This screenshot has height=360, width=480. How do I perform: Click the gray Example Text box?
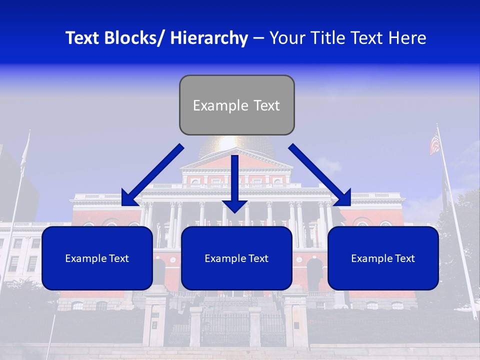[x=236, y=105]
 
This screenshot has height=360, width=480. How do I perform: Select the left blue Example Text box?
[x=97, y=258]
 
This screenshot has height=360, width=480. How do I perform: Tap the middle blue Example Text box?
[x=236, y=258]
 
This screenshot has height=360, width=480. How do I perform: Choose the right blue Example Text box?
[x=383, y=258]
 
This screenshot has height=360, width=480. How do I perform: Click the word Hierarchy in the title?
[x=209, y=38]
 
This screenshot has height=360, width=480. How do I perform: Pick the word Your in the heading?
[x=287, y=38]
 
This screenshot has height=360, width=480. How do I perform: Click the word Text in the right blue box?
[x=404, y=258]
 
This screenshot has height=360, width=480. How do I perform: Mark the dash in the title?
[x=258, y=38]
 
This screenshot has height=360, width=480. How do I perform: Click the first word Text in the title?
[x=83, y=38]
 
